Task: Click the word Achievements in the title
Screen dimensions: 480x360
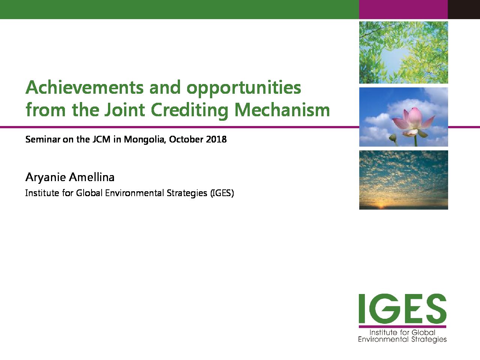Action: pyautogui.click(x=85, y=87)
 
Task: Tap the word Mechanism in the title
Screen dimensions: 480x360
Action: pyautogui.click(x=282, y=109)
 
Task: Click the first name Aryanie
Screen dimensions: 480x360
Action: pyautogui.click(x=45, y=177)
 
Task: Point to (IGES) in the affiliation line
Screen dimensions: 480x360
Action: pyautogui.click(x=222, y=193)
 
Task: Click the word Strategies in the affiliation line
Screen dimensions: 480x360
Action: pyautogui.click(x=187, y=193)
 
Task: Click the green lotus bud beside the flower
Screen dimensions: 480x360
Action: pyautogui.click(x=393, y=138)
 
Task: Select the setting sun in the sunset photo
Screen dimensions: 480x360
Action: pyautogui.click(x=381, y=206)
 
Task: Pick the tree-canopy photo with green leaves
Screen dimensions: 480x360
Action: pyautogui.click(x=403, y=52)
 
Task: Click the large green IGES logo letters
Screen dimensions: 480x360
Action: pyautogui.click(x=402, y=309)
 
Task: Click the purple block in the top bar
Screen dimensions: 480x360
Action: pyautogui.click(x=403, y=9)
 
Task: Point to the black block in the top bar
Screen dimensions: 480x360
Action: pyautogui.click(x=464, y=9)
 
